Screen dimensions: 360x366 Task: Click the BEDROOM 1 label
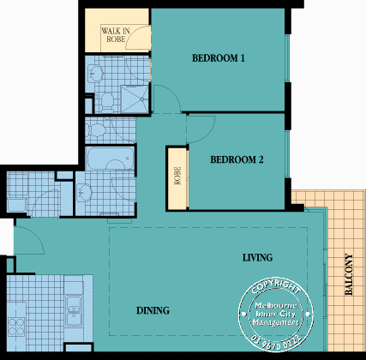[x=219, y=58]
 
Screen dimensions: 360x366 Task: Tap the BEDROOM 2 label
[x=237, y=159]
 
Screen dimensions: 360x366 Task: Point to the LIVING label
[x=257, y=257]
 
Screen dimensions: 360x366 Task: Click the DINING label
[x=152, y=310]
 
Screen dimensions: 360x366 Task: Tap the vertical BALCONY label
[x=349, y=275]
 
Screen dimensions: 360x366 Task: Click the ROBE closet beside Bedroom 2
[x=178, y=176]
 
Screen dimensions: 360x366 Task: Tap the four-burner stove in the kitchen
[x=17, y=326]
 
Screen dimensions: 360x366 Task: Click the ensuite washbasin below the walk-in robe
[x=97, y=74]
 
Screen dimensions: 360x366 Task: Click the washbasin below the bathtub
[x=86, y=190]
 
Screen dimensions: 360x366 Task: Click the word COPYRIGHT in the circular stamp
[x=275, y=285]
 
